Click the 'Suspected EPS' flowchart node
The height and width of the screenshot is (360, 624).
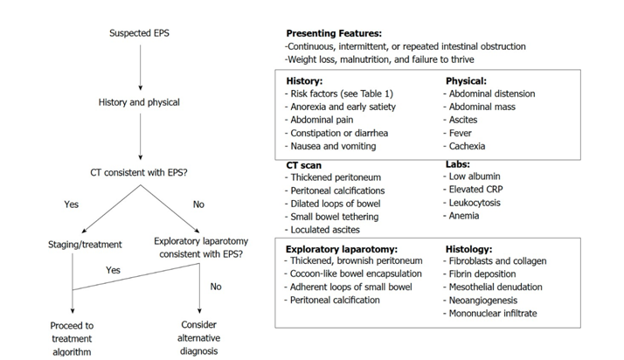coord(139,33)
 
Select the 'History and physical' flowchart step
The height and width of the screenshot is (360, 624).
coord(139,102)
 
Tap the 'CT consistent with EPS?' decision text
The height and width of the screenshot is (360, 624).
coord(138,173)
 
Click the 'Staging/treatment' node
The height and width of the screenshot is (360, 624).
coord(85,245)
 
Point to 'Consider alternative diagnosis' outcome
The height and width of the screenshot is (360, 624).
coord(198,338)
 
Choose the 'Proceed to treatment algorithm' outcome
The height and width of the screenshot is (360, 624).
coord(72,338)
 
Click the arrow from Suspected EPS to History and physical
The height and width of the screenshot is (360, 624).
coord(140,67)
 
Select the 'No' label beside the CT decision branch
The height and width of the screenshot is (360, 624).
coord(198,204)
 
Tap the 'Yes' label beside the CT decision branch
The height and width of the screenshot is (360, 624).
coord(72,204)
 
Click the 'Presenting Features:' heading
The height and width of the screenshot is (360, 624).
coord(334,33)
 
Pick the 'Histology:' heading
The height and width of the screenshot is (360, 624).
coord(468,249)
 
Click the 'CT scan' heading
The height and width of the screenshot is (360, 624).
coord(303,165)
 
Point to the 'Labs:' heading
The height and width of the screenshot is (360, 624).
coord(458,164)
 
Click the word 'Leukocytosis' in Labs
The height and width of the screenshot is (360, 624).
coord(475,203)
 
